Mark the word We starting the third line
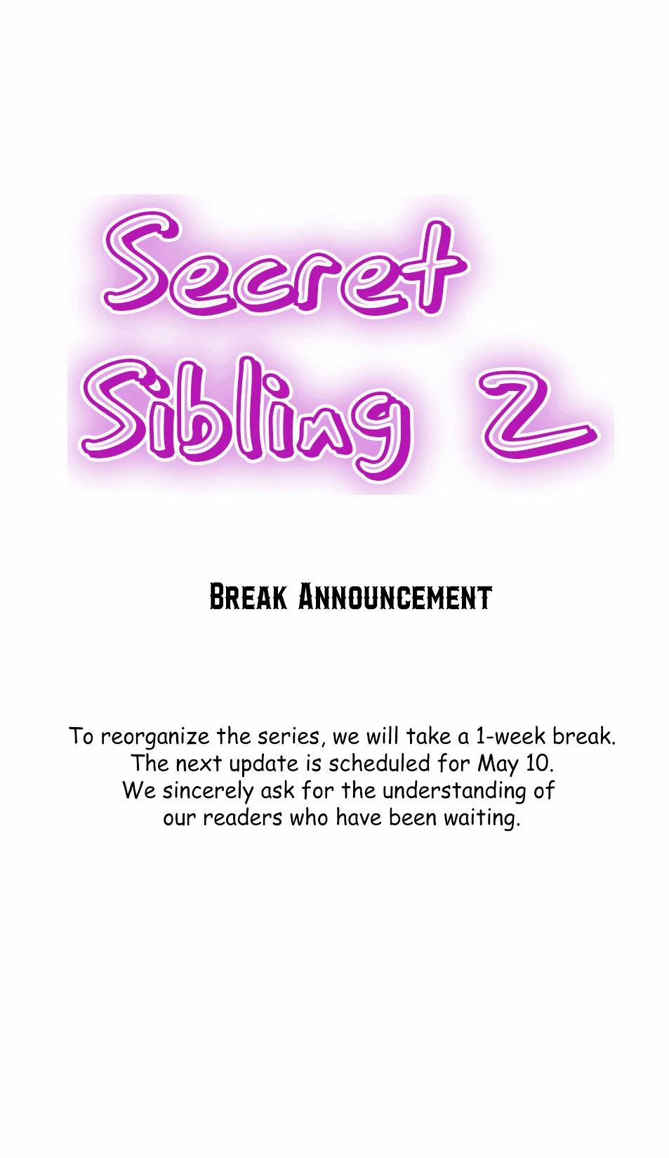point(139,791)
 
